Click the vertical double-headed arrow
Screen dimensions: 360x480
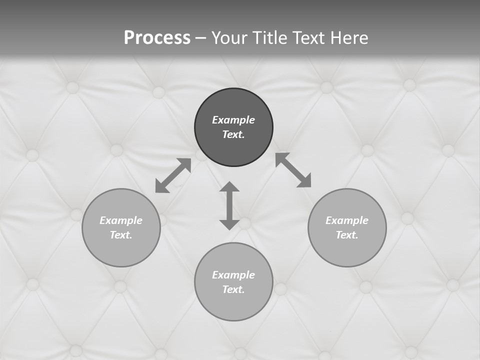click(229, 205)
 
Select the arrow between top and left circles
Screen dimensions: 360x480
click(173, 175)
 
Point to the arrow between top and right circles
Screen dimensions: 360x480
click(293, 170)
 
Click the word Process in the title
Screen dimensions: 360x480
click(157, 38)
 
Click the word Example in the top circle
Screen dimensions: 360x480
click(233, 120)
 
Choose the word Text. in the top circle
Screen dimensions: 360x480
click(233, 134)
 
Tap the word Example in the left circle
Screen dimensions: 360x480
click(121, 220)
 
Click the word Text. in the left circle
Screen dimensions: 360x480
click(121, 235)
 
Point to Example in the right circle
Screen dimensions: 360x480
click(347, 220)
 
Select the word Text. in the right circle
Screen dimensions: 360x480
click(347, 235)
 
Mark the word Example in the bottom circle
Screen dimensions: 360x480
click(233, 275)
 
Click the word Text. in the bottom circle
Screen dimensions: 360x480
click(233, 289)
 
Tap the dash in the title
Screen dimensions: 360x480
click(201, 38)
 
